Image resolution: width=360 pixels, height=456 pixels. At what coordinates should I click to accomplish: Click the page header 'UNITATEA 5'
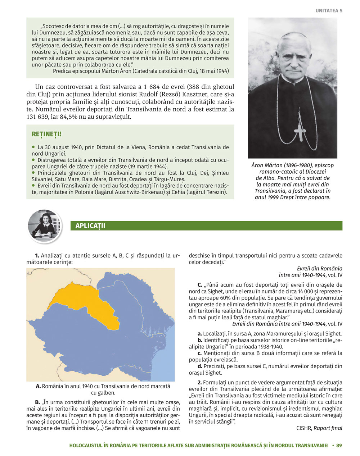coord(329,11)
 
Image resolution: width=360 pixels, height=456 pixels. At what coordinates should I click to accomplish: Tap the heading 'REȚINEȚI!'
coord(46,134)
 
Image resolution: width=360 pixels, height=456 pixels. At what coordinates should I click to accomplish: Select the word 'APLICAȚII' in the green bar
coord(90,226)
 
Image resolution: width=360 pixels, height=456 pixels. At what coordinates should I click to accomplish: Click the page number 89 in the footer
coord(339,446)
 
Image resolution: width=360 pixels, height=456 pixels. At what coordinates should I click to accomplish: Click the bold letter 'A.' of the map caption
coord(38,386)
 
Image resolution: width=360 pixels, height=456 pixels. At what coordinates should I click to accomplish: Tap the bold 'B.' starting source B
coord(37,402)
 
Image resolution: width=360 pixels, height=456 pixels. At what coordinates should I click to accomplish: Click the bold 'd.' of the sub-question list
coord(200,366)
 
